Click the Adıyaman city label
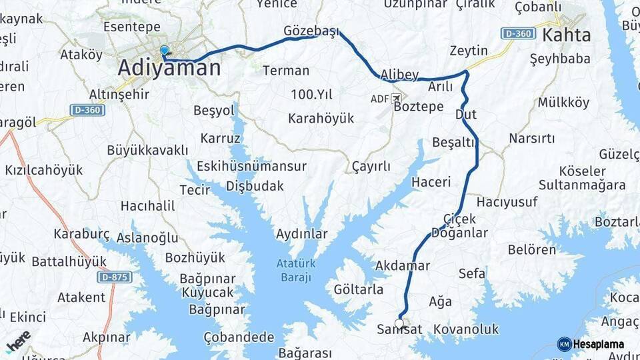pos(169,68)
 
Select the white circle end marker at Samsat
pos(399,324)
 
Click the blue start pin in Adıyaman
pos(164,51)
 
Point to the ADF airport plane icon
pos(397,99)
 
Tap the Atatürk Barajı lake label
pos(296,270)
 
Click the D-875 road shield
pos(114,276)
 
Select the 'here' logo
pos(18,341)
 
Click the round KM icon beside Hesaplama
pos(564,344)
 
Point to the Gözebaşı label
pos(311,31)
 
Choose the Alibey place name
pos(399,75)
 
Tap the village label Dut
pos(465,115)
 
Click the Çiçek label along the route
pos(459,219)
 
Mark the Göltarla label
pos(358,289)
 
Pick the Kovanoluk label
pos(465,329)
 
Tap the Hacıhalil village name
pos(147,207)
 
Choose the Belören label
pos(531,250)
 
